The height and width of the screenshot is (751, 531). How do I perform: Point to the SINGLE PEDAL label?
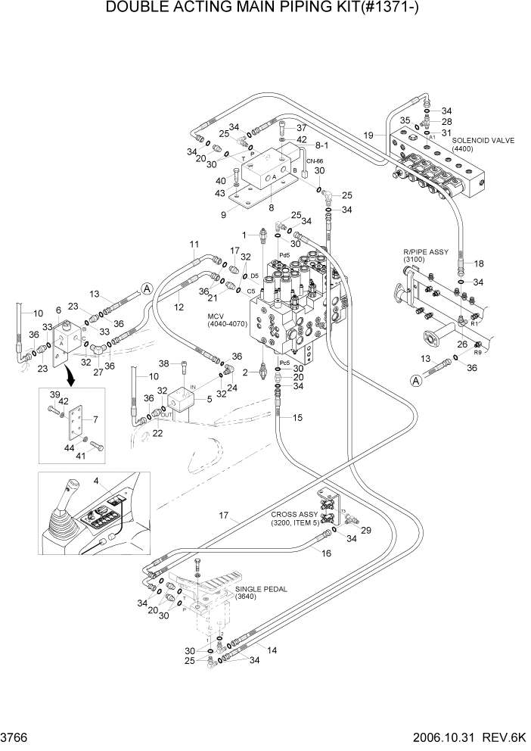pos(256,589)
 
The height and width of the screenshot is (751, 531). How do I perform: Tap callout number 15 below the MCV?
pos(297,417)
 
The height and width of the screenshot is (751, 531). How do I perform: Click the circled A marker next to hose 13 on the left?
pos(147,287)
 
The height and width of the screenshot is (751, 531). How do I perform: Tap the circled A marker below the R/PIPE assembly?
pos(415,382)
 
